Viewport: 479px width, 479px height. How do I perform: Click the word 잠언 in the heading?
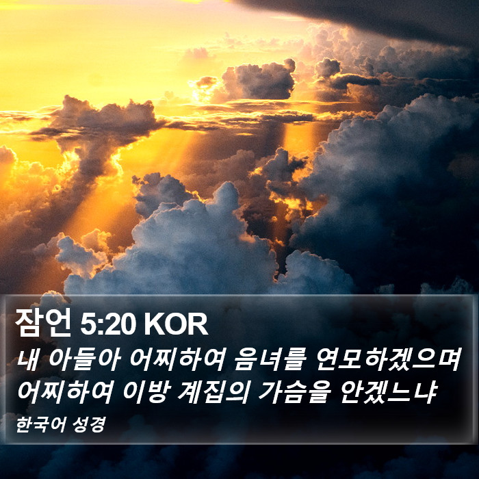[x=42, y=322]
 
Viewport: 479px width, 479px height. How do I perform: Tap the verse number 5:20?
[x=108, y=324]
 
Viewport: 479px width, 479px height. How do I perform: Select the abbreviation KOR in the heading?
[x=177, y=324]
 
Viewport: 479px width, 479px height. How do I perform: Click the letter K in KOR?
[x=154, y=324]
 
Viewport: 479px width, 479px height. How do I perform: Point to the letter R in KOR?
[x=198, y=324]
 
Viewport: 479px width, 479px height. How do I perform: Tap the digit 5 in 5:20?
[x=88, y=324]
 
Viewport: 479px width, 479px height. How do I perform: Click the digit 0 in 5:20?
[x=128, y=324]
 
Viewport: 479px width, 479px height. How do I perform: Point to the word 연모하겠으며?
[x=389, y=359]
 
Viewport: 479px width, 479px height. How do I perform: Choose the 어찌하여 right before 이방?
[x=65, y=392]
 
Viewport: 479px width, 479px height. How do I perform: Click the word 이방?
[x=145, y=392]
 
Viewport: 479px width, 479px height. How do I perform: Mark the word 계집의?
[x=212, y=392]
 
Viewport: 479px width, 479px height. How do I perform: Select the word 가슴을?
[x=294, y=392]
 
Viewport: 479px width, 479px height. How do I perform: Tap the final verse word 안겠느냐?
[x=388, y=392]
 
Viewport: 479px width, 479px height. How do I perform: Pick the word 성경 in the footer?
[x=89, y=424]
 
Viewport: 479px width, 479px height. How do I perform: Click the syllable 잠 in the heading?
[x=29, y=322]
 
